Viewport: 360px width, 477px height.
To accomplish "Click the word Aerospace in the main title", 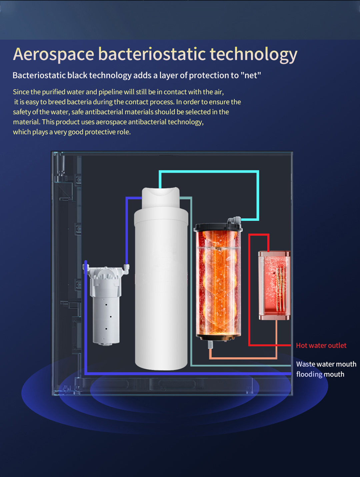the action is (x=53, y=54).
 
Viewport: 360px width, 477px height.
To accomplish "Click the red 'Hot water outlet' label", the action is (x=321, y=345).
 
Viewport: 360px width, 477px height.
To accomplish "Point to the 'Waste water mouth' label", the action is (x=326, y=364).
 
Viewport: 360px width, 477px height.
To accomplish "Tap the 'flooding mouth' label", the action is (x=320, y=374).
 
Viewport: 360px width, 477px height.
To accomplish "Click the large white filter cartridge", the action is (x=161, y=278).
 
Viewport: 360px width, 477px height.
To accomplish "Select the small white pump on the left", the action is (x=106, y=304).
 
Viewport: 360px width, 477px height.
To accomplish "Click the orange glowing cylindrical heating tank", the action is (x=218, y=283).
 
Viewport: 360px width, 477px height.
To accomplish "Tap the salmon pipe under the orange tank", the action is (x=243, y=358).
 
